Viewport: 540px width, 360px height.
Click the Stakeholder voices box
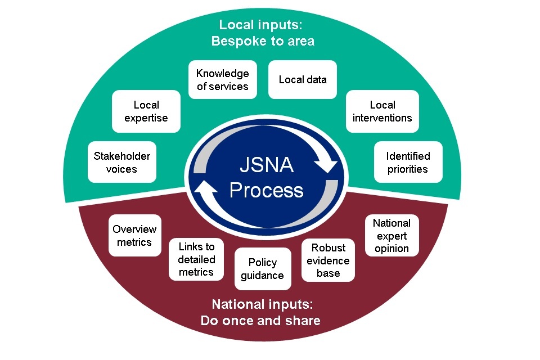(122, 162)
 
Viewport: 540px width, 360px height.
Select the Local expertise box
(146, 111)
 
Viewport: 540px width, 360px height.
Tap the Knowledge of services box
(222, 80)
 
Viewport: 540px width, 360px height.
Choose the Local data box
(303, 80)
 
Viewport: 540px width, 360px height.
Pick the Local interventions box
(382, 111)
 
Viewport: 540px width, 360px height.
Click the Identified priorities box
(408, 162)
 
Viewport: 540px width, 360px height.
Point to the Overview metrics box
(135, 236)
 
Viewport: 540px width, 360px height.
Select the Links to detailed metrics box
(196, 259)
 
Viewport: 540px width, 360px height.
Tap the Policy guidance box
(263, 269)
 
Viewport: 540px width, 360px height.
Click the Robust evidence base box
(328, 260)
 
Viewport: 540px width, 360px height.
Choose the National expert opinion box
(392, 236)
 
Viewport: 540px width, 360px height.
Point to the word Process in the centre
(267, 190)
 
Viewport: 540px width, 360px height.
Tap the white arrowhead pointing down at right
(325, 165)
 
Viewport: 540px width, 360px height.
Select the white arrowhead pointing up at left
(204, 193)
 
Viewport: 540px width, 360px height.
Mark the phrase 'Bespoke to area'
(263, 41)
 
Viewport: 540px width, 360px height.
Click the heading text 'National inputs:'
(262, 305)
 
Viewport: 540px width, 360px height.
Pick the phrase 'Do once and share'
(260, 321)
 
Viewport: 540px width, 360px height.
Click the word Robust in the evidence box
(328, 248)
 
